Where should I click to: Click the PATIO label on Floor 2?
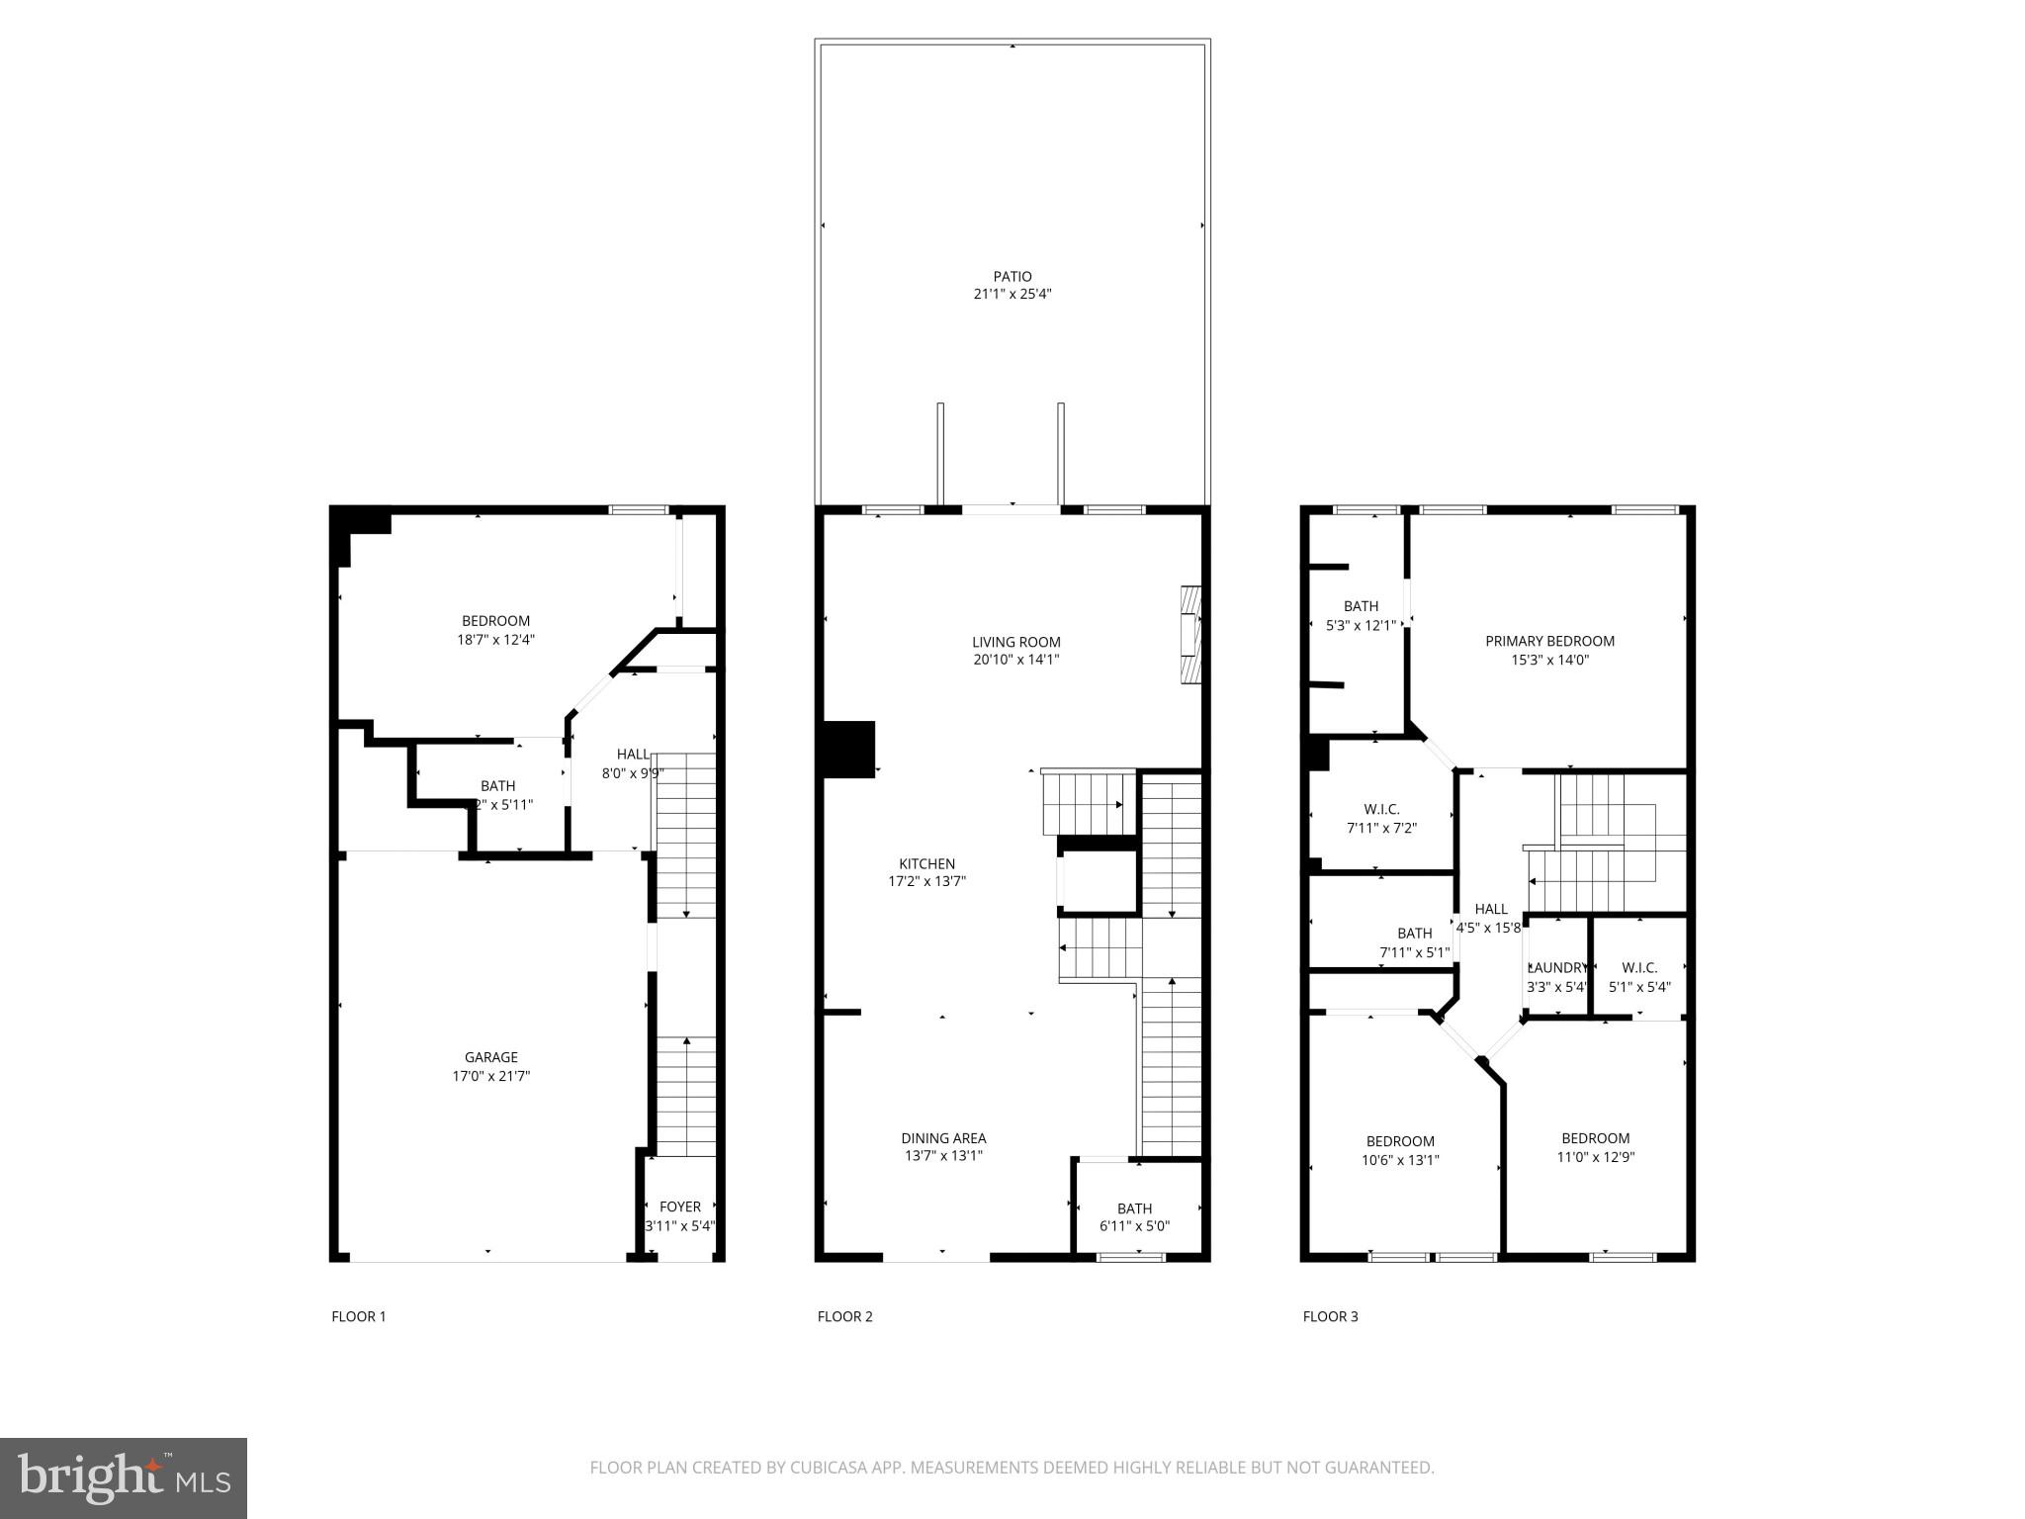tap(1012, 277)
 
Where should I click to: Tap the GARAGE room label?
tap(490, 1057)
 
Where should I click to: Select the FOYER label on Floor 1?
tap(679, 1206)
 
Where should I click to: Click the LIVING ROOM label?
tap(1015, 642)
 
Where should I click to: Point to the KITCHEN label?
tap(926, 863)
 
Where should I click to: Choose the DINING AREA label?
tap(943, 1138)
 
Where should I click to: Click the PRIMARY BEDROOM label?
tap(1549, 641)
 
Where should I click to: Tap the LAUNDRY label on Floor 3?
tap(1557, 968)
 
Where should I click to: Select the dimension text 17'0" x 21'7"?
tap(490, 1076)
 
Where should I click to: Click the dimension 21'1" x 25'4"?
tap(1012, 295)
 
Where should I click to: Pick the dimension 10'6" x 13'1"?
tap(1400, 1160)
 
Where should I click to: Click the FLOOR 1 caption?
tap(358, 1316)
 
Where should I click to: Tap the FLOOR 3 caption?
tap(1330, 1316)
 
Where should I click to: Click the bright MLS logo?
tap(123, 1478)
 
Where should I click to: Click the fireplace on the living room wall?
tap(1190, 634)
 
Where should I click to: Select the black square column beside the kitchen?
tap(849, 750)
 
